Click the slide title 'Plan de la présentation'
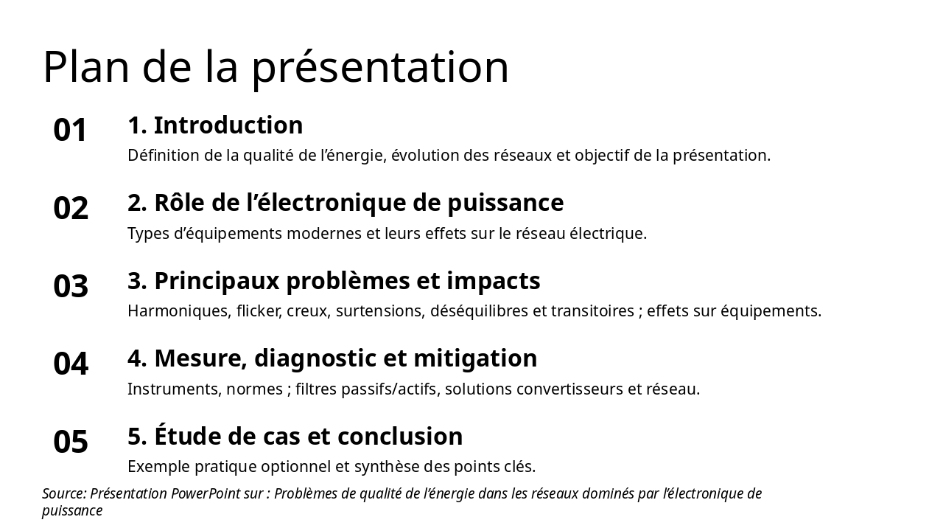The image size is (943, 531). tap(276, 67)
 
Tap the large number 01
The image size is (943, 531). tap(71, 131)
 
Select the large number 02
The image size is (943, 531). tap(71, 209)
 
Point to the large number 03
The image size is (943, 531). tap(71, 286)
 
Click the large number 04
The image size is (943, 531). tap(71, 364)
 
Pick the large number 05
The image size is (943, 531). tap(71, 442)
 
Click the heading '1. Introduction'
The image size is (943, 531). tap(215, 125)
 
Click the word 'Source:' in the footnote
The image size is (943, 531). tap(64, 493)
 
